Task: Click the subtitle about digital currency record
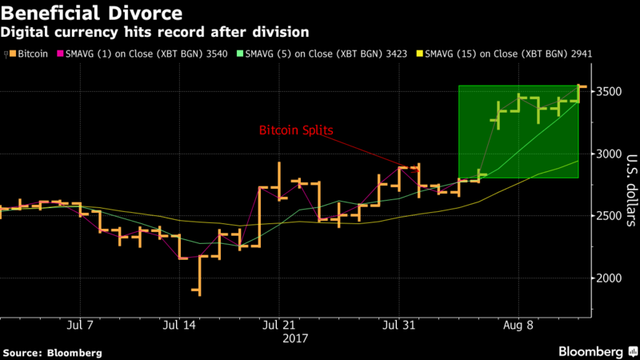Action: pyautogui.click(x=155, y=32)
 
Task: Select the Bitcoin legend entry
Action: pyautogui.click(x=27, y=54)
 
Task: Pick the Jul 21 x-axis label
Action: pyautogui.click(x=278, y=326)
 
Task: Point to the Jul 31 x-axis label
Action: pyautogui.click(x=399, y=326)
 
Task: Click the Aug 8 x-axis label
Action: pyautogui.click(x=518, y=326)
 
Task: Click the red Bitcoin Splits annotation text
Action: pyautogui.click(x=297, y=130)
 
